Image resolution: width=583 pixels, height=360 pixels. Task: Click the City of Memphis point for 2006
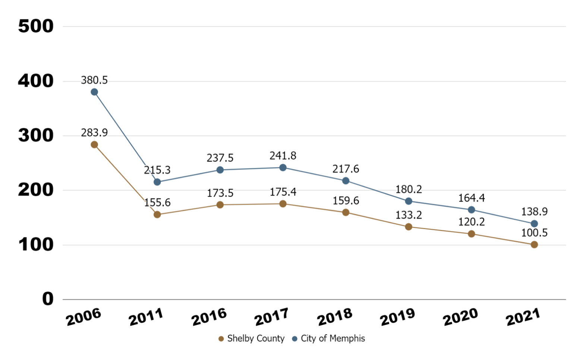94,92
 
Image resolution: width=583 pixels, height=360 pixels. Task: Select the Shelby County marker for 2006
94,145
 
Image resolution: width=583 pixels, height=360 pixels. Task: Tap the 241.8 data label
283,156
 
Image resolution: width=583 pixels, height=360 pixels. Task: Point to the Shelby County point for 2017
283,204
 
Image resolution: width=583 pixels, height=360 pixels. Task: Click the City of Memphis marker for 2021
534,224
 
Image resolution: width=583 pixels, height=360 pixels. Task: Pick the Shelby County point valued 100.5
534,245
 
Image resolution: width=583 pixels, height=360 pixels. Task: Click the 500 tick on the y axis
36,26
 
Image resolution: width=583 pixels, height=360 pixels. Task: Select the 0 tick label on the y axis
48,299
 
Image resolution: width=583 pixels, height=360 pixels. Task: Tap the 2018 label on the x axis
334,317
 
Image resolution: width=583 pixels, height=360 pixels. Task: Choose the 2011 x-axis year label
146,317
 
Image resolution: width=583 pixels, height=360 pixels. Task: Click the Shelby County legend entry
252,339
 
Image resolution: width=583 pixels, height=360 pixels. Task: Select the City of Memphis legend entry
328,339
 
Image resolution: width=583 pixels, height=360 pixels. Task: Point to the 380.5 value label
94,80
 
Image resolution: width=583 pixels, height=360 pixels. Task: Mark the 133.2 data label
409,215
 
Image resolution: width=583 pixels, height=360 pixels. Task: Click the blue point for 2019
409,201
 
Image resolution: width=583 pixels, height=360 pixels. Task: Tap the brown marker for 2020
472,234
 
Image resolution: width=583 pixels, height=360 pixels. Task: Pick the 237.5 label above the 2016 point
220,158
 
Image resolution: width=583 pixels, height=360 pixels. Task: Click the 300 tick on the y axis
36,136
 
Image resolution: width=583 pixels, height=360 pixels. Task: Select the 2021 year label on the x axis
523,317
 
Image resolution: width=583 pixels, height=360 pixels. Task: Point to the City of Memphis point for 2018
346,181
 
